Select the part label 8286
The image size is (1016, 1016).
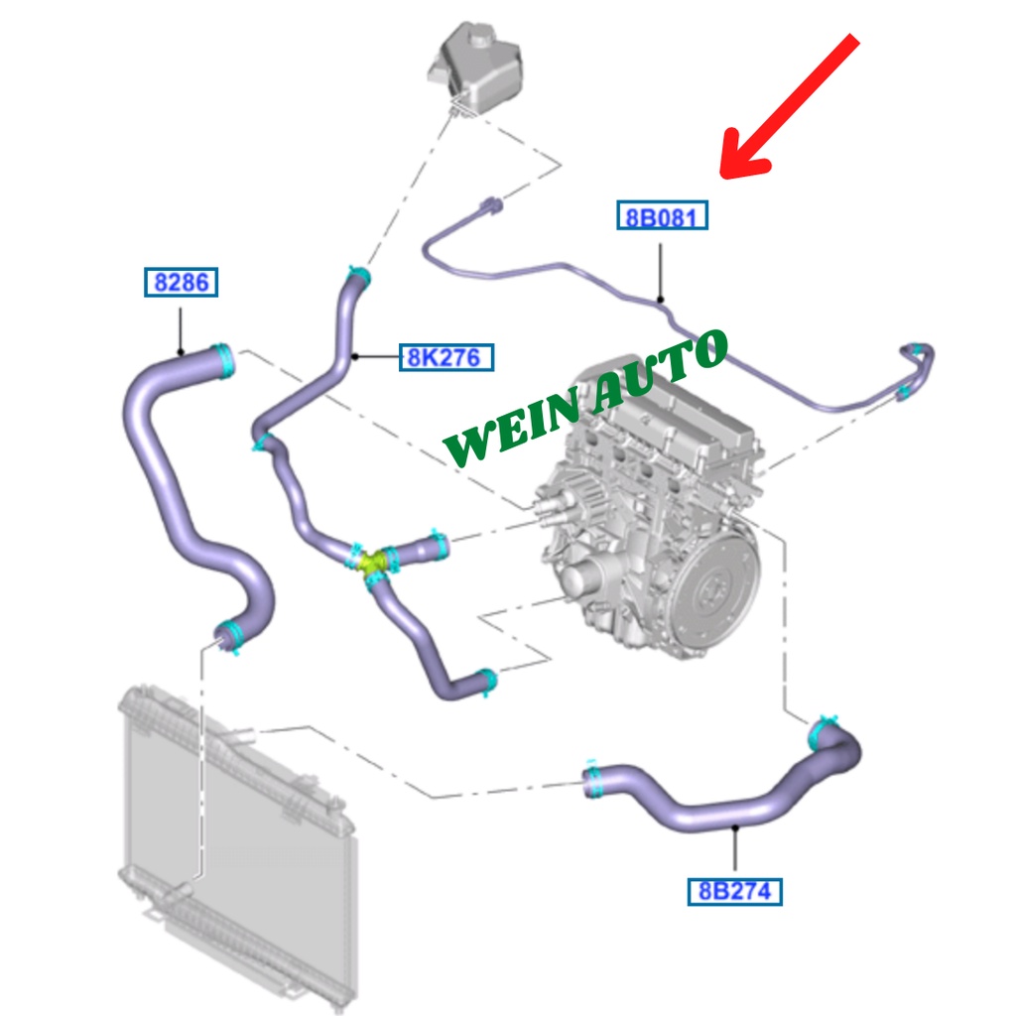click(x=180, y=283)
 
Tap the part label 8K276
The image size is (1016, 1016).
click(x=446, y=357)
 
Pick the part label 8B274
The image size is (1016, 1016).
click(x=734, y=891)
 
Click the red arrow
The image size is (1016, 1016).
click(x=789, y=109)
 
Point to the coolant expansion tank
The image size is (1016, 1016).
click(x=474, y=65)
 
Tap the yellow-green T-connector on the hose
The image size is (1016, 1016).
click(x=373, y=562)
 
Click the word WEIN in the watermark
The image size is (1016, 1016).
click(x=516, y=422)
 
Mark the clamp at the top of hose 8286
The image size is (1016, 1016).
click(x=224, y=357)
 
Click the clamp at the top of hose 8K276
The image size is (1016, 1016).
click(x=358, y=278)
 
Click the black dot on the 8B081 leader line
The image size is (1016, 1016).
click(x=661, y=298)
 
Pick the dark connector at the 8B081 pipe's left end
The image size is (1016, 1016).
click(x=490, y=206)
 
